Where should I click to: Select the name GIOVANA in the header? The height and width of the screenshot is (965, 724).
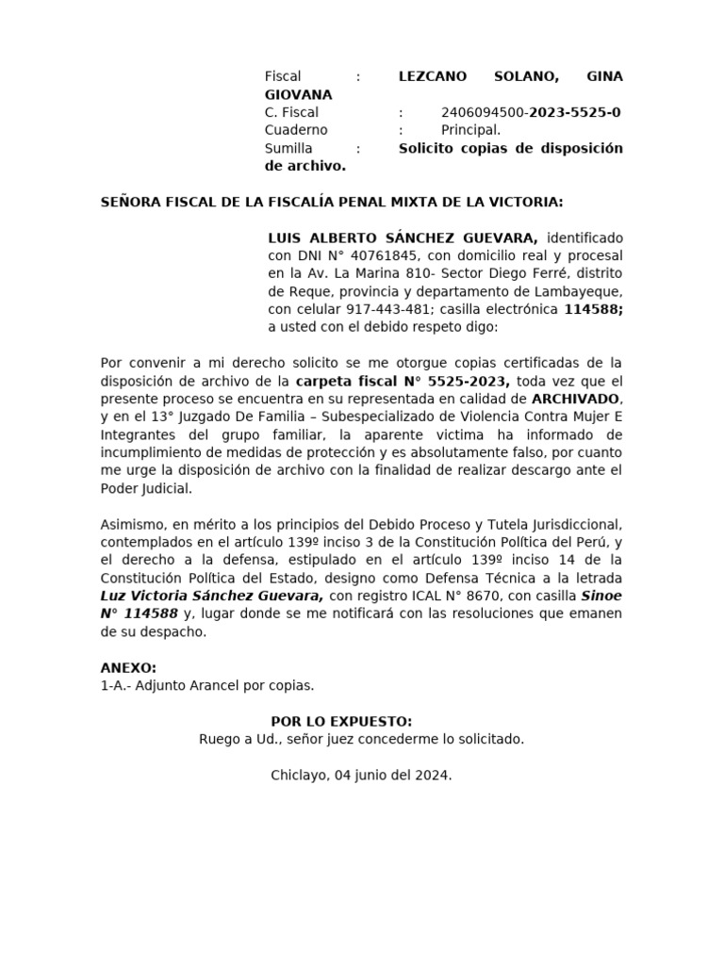pos(298,95)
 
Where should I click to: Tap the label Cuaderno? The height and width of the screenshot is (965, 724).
pos(296,131)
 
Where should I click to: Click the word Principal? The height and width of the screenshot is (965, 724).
pos(470,131)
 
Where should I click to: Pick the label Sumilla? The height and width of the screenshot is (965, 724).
pos(288,149)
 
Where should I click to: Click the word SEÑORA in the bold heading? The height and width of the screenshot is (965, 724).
pos(134,202)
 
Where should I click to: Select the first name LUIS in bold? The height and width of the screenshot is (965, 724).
pos(287,237)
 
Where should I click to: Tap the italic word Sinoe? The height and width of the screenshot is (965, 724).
pos(601,597)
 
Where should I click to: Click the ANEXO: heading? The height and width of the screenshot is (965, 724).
pos(128,668)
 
